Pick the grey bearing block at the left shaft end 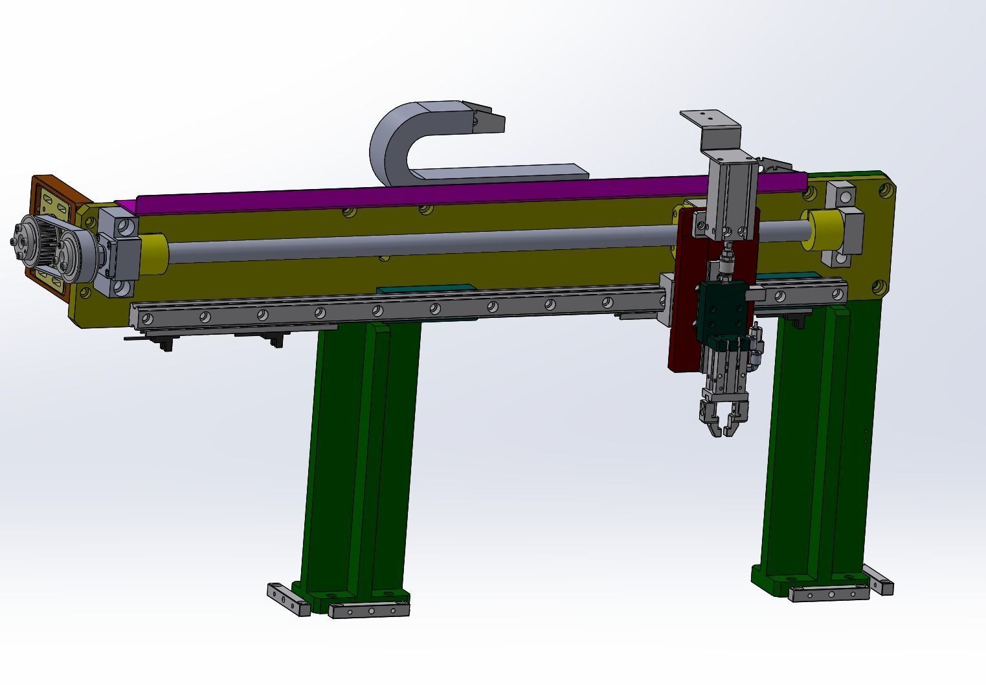tap(120, 253)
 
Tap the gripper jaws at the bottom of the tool tap(724, 414)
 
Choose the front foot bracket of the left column tap(370, 611)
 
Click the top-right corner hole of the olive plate tap(883, 191)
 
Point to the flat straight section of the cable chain tap(499, 172)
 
